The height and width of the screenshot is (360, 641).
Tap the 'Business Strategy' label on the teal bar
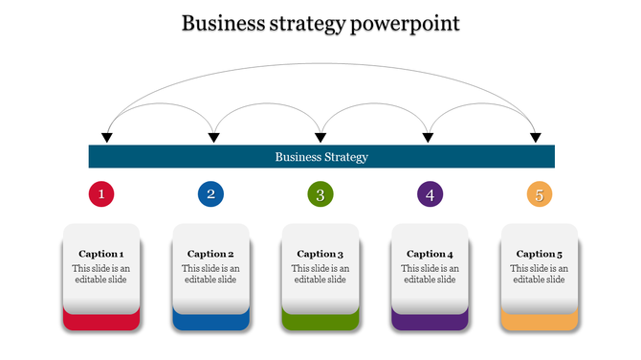point(321,157)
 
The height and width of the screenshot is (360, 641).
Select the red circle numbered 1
point(101,194)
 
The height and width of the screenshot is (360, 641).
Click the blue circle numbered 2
point(211,194)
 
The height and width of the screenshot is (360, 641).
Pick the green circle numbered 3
point(320,194)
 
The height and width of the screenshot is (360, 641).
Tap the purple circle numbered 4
point(431,194)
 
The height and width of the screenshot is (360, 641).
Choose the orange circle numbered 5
point(540,194)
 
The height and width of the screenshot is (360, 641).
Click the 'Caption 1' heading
point(101,254)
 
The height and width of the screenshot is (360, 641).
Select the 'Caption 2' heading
point(211,254)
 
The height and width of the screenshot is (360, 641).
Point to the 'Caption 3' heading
point(320,254)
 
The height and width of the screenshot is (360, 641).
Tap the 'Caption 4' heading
point(431,254)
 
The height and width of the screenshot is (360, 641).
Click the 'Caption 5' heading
point(540,254)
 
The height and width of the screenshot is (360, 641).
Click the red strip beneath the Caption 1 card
point(101,322)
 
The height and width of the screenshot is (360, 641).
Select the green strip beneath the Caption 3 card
point(320,322)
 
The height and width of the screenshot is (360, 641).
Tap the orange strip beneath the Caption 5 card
point(540,322)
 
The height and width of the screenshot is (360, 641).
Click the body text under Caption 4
point(431,274)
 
